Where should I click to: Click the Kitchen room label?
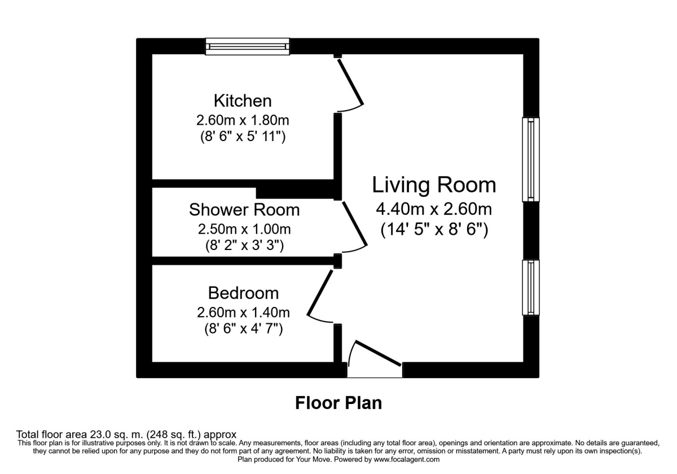pyautogui.click(x=243, y=101)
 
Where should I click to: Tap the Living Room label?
pyautogui.click(x=434, y=185)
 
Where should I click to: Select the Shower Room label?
pyautogui.click(x=244, y=210)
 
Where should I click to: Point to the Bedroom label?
pyautogui.click(x=243, y=293)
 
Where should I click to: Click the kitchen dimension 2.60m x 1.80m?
pyautogui.click(x=243, y=120)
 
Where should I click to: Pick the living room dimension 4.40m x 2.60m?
pyautogui.click(x=434, y=209)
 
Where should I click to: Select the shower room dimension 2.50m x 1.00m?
pyautogui.click(x=244, y=229)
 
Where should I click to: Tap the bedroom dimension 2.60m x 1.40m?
pyautogui.click(x=243, y=312)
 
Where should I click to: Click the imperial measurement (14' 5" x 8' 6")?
pyautogui.click(x=434, y=230)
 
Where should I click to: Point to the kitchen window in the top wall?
pyautogui.click(x=248, y=46)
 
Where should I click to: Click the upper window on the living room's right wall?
pyautogui.click(x=531, y=159)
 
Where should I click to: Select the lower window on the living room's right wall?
pyautogui.click(x=531, y=287)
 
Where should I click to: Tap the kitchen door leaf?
pyautogui.click(x=350, y=82)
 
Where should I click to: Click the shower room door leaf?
pyautogui.click(x=355, y=225)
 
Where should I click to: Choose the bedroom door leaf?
pyautogui.click(x=320, y=292)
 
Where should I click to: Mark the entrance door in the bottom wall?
pyautogui.click(x=378, y=353)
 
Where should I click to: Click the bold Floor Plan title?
pyautogui.click(x=338, y=403)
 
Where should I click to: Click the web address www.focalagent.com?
pyautogui.click(x=407, y=459)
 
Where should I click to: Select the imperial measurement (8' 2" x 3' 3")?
pyautogui.click(x=244, y=245)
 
